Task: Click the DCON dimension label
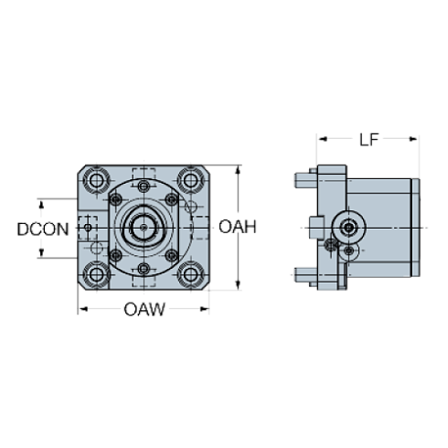tap(43, 229)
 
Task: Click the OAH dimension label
tap(238, 227)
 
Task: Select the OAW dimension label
tap(144, 310)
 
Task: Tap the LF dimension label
tap(368, 139)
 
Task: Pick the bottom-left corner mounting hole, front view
tap(97, 272)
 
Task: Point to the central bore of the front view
tap(144, 225)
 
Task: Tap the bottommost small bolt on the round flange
tap(144, 267)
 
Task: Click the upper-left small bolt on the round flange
tap(116, 198)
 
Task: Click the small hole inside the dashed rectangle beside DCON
tap(87, 225)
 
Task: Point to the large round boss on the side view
tap(348, 226)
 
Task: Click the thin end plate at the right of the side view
tap(417, 226)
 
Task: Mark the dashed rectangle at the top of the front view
tap(144, 174)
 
